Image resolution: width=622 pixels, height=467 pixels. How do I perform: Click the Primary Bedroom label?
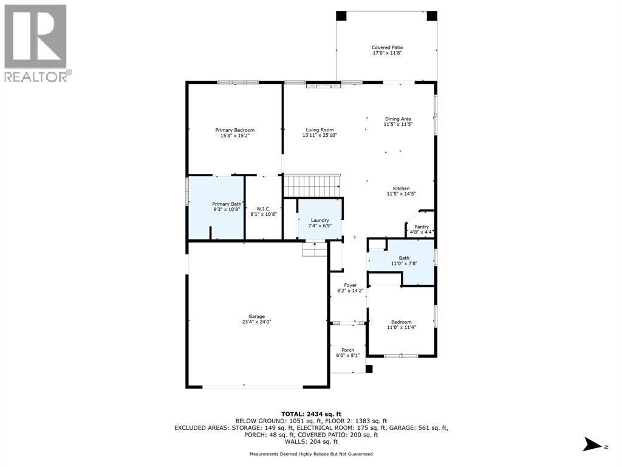coord(234,130)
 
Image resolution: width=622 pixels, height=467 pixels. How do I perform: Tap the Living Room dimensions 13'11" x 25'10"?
coord(320,136)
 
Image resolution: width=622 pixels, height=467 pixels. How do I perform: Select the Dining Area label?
coord(398,119)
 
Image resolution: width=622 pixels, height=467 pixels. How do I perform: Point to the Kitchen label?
coord(400,189)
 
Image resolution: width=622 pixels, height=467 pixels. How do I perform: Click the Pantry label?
coord(422,227)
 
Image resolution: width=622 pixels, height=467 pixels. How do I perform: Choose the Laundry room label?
coord(320,220)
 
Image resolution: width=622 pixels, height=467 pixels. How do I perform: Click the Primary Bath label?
coord(226,204)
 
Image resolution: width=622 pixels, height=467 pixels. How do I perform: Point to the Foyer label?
coord(350,285)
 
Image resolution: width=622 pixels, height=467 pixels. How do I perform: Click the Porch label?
coord(348,350)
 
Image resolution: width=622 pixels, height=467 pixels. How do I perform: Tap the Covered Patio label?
coord(387,47)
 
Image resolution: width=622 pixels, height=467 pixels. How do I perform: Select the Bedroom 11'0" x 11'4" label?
coord(401,322)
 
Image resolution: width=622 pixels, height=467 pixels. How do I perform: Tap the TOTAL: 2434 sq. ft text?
coord(310,413)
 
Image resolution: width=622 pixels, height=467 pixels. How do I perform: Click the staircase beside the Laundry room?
coord(312,184)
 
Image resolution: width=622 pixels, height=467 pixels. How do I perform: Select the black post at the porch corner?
coord(369,368)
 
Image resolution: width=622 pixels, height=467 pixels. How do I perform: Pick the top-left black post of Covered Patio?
coord(341,16)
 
